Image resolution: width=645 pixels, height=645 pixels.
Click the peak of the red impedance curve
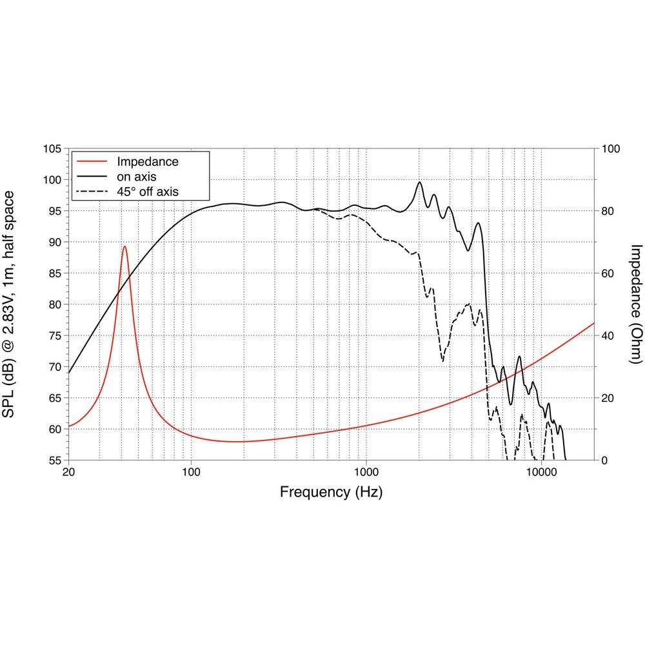click(124, 246)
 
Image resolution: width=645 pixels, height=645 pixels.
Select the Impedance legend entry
click(147, 161)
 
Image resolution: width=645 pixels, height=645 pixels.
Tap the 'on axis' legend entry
click(135, 176)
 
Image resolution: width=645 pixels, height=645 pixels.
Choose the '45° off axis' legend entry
click(147, 191)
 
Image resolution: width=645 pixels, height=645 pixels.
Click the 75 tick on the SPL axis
click(54, 336)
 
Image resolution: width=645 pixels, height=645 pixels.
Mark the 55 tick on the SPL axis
click(54, 461)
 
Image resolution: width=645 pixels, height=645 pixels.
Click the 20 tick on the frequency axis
click(69, 471)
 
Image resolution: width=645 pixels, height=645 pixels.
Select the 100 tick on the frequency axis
click(191, 471)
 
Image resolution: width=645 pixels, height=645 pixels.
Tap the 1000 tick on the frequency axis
click(366, 471)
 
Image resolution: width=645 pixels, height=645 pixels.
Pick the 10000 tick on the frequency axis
click(541, 471)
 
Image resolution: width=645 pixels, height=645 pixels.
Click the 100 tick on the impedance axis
click(610, 149)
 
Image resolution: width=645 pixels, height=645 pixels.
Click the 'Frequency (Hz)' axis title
click(331, 493)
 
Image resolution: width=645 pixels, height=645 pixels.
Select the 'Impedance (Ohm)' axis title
click(637, 304)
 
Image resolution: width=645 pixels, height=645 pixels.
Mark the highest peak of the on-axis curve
click(420, 182)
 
